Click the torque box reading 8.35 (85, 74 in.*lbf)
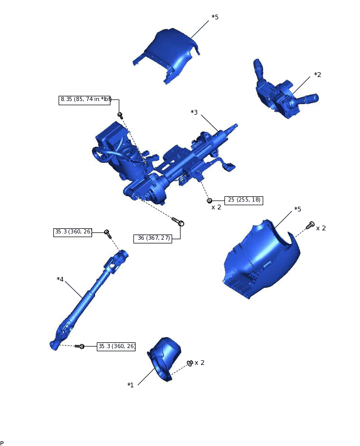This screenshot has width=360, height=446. click(86, 99)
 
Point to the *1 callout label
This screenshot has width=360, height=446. click(130, 385)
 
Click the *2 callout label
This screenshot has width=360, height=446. click(317, 75)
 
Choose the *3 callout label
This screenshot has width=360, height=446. click(194, 113)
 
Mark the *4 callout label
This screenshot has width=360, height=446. click(60, 280)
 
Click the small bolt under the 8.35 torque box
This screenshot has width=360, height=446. click(120, 115)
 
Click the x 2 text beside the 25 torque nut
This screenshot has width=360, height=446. click(216, 207)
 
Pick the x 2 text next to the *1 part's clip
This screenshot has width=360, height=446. click(199, 363)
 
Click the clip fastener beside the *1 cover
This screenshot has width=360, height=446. click(189, 363)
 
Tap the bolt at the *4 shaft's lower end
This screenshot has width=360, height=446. click(80, 346)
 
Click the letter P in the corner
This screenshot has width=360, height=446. click(2, 443)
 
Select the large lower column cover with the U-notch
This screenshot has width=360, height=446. click(262, 260)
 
